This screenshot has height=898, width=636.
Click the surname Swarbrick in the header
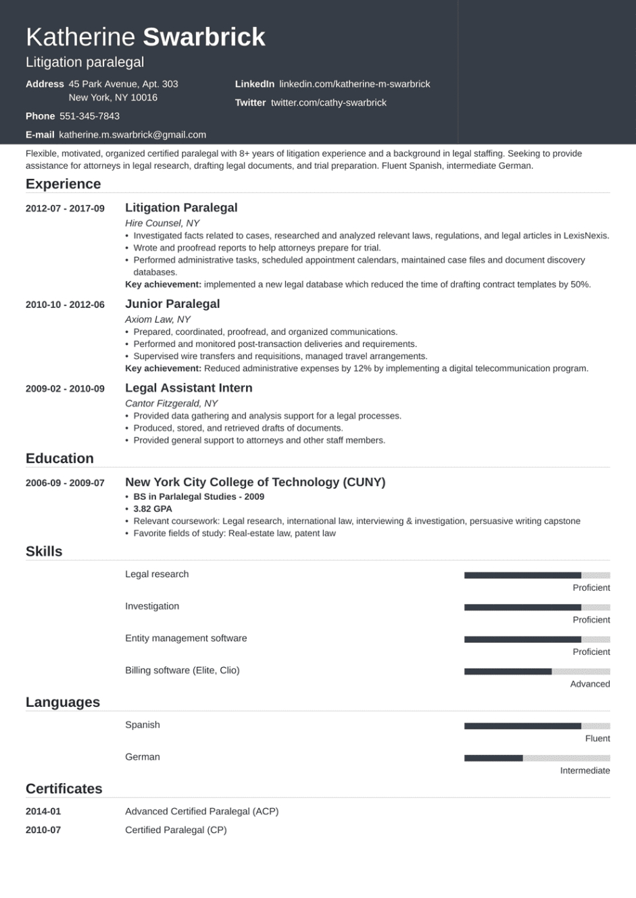[204, 37]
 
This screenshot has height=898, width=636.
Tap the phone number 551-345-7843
[89, 116]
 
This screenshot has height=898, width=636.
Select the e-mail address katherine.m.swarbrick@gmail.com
[132, 135]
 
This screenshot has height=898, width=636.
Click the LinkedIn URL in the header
[354, 84]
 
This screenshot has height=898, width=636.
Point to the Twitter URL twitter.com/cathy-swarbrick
[328, 103]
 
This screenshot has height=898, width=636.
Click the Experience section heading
[63, 184]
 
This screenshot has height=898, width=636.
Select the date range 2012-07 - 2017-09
[65, 209]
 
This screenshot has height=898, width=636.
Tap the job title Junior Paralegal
[172, 304]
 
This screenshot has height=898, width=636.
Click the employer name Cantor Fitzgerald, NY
[171, 403]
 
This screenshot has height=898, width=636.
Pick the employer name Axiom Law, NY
[157, 319]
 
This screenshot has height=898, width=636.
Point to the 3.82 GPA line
[153, 509]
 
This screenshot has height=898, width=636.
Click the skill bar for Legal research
[537, 575]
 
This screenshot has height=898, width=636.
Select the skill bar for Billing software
[537, 671]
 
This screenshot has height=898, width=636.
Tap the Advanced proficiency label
[589, 684]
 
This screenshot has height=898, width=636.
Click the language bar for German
[537, 758]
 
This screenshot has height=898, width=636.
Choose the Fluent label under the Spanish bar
[597, 739]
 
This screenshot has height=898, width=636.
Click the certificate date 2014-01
[43, 812]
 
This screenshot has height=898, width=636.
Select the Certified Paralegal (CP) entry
[176, 830]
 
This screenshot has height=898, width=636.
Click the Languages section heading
[63, 702]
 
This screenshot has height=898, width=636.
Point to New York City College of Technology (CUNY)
[255, 482]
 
